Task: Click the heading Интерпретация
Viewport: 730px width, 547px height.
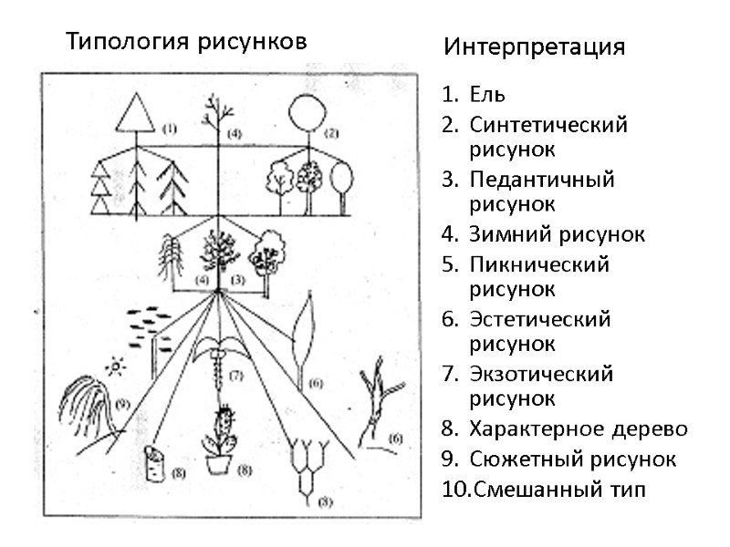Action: (535, 47)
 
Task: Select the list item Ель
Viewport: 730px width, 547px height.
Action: (487, 94)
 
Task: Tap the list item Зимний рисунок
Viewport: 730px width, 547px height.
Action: (557, 234)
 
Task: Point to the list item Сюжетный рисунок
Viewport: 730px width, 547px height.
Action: (572, 459)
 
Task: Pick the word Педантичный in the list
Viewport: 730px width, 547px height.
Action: (542, 179)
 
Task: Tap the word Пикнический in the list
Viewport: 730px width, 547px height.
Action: (538, 264)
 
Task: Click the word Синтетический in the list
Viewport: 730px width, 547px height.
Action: (548, 125)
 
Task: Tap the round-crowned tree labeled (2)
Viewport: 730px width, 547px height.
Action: (306, 114)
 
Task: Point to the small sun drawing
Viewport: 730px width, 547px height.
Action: (115, 366)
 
